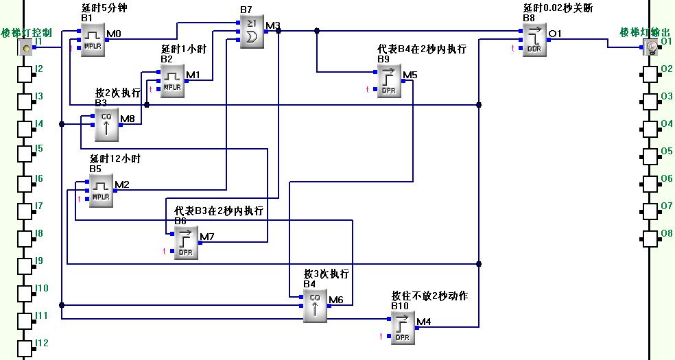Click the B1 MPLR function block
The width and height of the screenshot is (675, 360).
[x=92, y=38]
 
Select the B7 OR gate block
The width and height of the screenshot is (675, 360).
[x=251, y=32]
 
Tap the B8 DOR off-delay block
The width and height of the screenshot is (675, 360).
[x=534, y=38]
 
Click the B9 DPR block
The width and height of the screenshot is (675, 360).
[x=388, y=80]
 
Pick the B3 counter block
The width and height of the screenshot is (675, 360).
[x=106, y=125]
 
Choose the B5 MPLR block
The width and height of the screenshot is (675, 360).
[x=100, y=190]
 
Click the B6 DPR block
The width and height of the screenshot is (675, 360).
[x=185, y=242]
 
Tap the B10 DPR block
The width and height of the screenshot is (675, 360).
[x=402, y=327]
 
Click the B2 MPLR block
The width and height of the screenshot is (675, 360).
[x=171, y=80]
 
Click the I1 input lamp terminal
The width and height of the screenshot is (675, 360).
[x=25, y=47]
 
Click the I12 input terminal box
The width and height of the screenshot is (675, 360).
[x=25, y=348]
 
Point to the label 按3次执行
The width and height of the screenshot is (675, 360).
[x=327, y=274]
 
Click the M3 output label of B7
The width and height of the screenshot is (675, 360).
[x=273, y=26]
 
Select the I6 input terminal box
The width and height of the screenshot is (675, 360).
[x=25, y=184]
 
